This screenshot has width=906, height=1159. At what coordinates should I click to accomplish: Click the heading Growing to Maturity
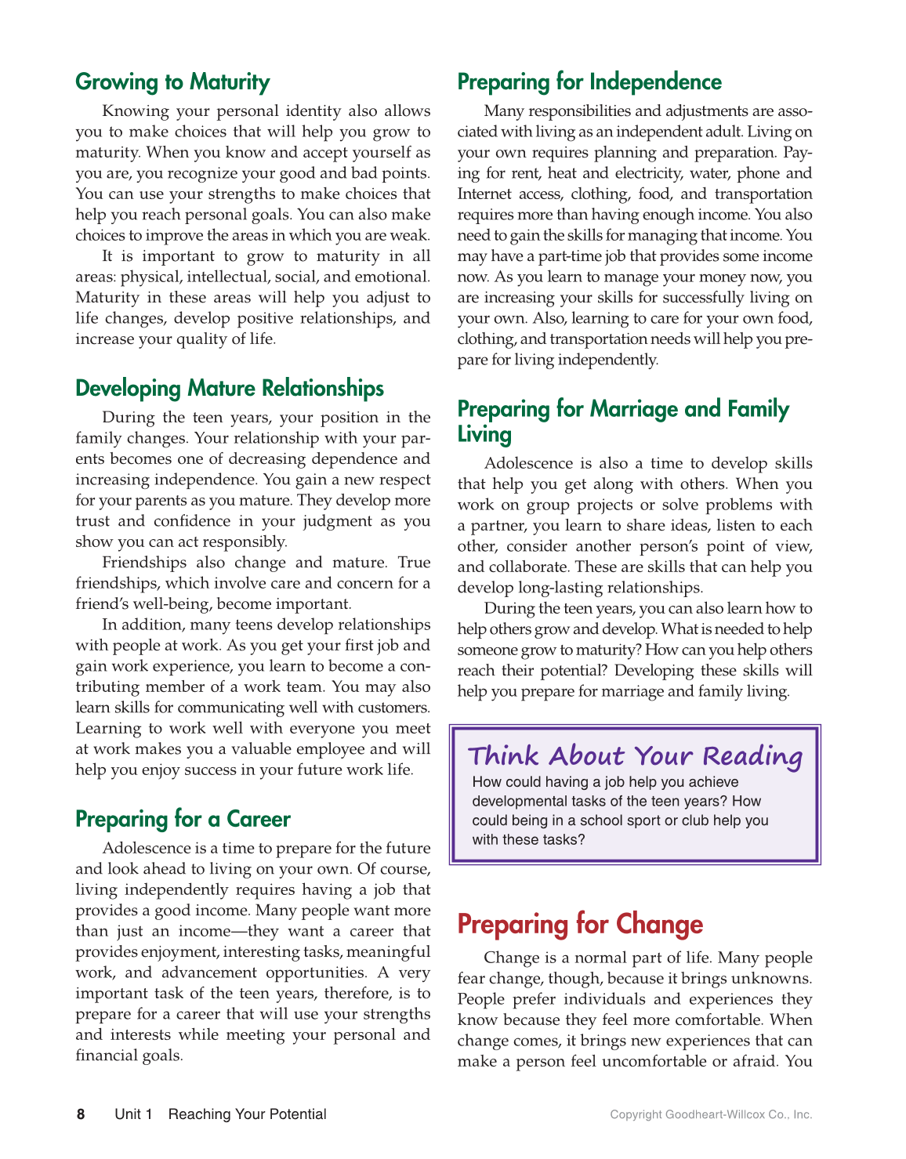click(172, 82)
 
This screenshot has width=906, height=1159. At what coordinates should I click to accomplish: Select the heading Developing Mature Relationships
click(230, 389)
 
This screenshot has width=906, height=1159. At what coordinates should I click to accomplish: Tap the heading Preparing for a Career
click(183, 820)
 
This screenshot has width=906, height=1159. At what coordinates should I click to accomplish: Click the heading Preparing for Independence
click(589, 82)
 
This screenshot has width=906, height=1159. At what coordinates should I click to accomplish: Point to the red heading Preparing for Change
click(580, 925)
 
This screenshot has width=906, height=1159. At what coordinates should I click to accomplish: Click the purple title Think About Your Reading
click(635, 756)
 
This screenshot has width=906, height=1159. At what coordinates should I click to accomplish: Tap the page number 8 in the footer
click(81, 1114)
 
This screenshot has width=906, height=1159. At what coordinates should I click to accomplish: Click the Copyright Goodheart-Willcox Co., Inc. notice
click(711, 1114)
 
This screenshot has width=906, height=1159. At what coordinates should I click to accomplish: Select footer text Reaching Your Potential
click(247, 1114)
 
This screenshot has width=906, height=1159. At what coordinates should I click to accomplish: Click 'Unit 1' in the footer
click(133, 1114)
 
